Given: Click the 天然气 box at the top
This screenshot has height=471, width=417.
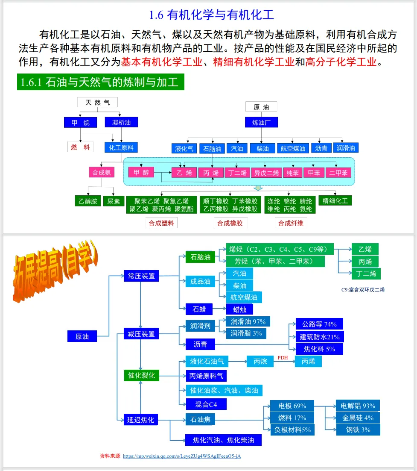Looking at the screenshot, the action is pyautogui.click(x=97, y=102).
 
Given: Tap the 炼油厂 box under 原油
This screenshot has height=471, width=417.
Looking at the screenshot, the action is pyautogui.click(x=261, y=122).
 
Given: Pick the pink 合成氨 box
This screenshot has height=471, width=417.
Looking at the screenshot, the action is pyautogui.click(x=102, y=173).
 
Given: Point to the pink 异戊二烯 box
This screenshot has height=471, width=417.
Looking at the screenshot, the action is pyautogui.click(x=266, y=173).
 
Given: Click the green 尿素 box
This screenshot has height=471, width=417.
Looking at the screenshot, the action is pyautogui.click(x=114, y=201).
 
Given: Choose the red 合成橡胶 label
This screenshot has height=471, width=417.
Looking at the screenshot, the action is pyautogui.click(x=230, y=223).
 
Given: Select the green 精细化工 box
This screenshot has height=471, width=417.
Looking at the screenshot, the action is pyautogui.click(x=335, y=200).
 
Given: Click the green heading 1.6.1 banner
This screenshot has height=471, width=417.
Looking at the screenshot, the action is pyautogui.click(x=101, y=82).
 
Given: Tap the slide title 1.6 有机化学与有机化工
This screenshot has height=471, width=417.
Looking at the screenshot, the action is pyautogui.click(x=211, y=15).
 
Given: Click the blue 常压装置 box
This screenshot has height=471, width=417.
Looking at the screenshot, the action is pyautogui.click(x=141, y=276).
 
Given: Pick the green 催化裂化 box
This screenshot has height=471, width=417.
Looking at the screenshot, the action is pyautogui.click(x=141, y=376).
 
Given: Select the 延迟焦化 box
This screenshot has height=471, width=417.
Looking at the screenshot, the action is pyautogui.click(x=141, y=420).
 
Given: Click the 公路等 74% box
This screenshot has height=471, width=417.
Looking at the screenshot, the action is pyautogui.click(x=319, y=324).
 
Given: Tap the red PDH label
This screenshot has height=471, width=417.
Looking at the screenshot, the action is pyautogui.click(x=283, y=357).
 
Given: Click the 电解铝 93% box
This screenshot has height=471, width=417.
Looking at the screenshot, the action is pyautogui.click(x=358, y=406).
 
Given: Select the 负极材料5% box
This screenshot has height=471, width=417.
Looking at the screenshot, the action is pyautogui.click(x=292, y=430).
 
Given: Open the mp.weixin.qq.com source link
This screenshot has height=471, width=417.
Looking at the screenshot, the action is pyautogui.click(x=182, y=456).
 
